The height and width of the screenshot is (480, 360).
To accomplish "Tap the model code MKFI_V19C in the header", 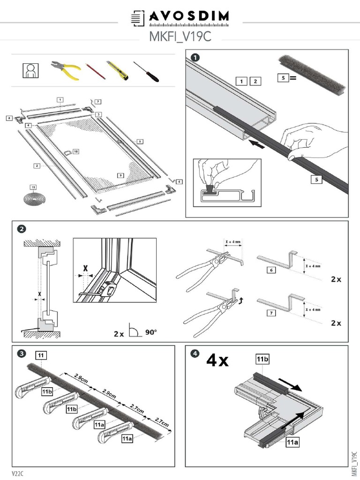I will [180, 36].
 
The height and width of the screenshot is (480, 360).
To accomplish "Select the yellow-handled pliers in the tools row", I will [66, 70].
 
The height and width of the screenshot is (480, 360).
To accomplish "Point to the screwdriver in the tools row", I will [146, 71].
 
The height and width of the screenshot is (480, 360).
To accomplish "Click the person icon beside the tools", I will [30, 70].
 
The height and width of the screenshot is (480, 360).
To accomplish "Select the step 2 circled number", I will [21, 229].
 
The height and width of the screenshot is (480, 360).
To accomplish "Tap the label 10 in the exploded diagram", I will [75, 151].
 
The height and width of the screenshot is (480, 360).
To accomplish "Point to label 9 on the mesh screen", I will [120, 175].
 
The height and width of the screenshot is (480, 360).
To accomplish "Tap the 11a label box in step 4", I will [293, 442].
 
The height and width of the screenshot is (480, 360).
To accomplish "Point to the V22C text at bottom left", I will [18, 473].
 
